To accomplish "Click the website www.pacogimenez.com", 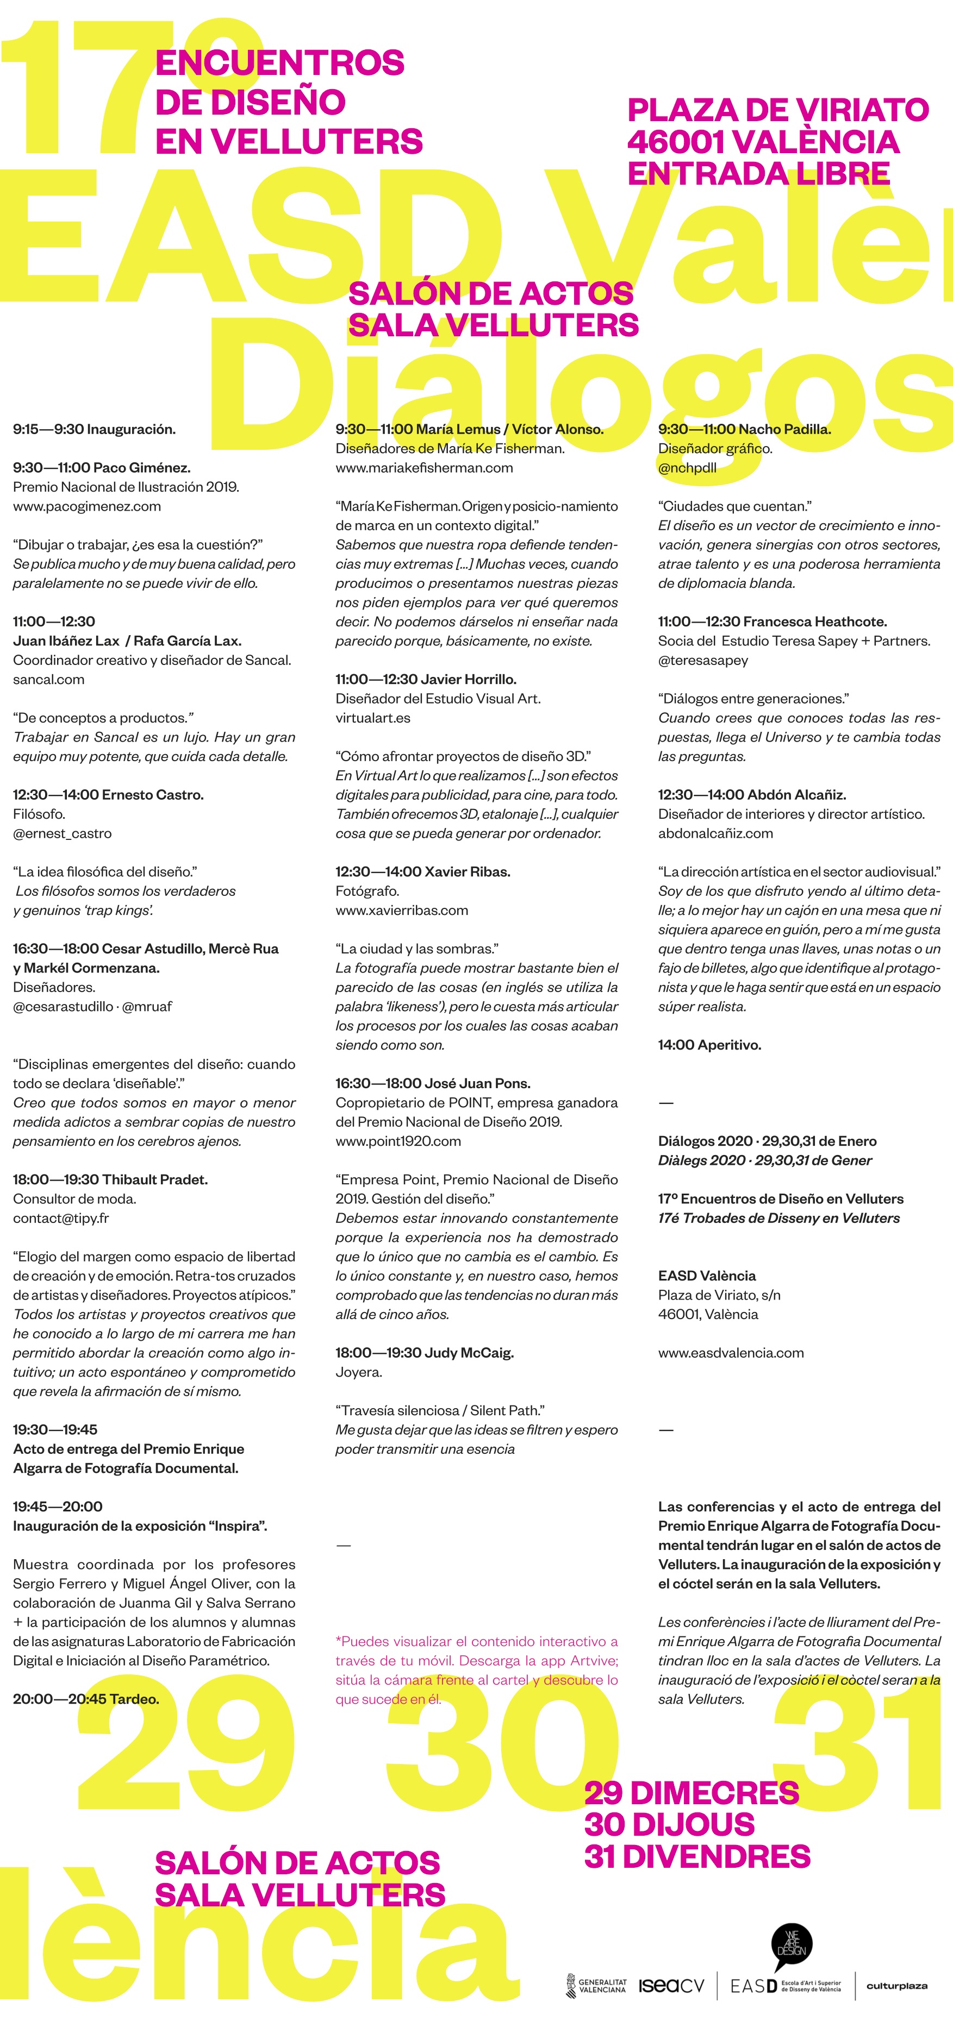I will [x=86, y=506].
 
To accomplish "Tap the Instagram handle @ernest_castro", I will [x=62, y=833].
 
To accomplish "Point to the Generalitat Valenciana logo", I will [x=596, y=1986].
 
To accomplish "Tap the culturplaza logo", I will [x=896, y=1986].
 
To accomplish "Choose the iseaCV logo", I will [x=671, y=1986].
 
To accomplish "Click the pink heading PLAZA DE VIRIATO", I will [x=778, y=110].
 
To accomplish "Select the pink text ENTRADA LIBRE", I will [x=758, y=173].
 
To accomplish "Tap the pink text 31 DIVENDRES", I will [x=697, y=1856].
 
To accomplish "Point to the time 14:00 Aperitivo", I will [x=709, y=1045].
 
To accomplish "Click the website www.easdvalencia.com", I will [x=731, y=1353].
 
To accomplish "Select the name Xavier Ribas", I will [x=467, y=871].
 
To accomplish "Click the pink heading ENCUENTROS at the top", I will [x=279, y=63].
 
